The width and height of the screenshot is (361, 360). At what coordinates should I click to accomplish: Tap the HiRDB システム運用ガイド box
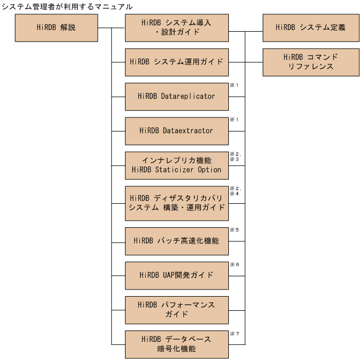pyautogui.click(x=176, y=62)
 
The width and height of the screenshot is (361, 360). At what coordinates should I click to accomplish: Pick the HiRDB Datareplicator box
pyautogui.click(x=176, y=96)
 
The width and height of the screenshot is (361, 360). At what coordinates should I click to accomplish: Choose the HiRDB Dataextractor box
pyautogui.click(x=176, y=131)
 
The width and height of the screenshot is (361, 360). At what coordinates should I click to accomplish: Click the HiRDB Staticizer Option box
pyautogui.click(x=176, y=165)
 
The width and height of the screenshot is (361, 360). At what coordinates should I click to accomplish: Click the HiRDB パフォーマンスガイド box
pyautogui.click(x=176, y=310)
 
